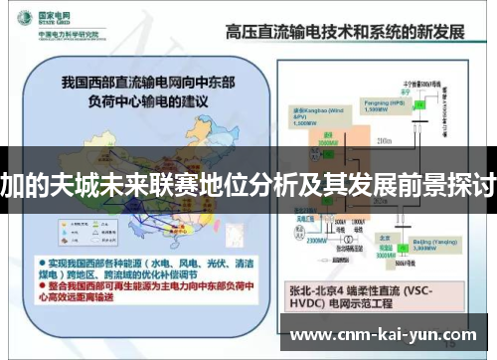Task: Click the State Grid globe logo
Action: (20, 21)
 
